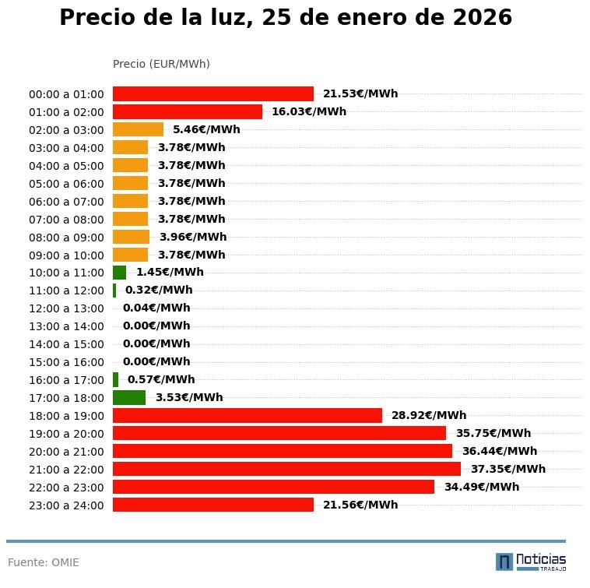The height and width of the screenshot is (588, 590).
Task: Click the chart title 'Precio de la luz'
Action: coord(286,18)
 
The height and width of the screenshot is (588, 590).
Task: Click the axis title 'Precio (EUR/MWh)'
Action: coord(161,64)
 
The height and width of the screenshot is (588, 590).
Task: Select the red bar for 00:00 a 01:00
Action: coord(212,94)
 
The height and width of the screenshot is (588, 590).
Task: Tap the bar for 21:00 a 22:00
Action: coord(286,469)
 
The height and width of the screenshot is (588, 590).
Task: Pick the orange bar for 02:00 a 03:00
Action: coord(138,129)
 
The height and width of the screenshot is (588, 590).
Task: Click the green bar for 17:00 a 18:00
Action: coord(129,398)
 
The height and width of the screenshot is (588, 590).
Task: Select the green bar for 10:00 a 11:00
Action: coord(119,273)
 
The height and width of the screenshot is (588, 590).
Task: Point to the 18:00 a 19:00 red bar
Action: coord(247,416)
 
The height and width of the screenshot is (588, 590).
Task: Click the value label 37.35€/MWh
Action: coord(507,469)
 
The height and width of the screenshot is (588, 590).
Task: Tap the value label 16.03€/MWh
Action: coord(308,111)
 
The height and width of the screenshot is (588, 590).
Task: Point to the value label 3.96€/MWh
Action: coord(192,237)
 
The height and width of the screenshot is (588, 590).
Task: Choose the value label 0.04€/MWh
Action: coord(156,308)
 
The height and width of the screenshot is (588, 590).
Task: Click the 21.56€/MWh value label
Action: coord(360,505)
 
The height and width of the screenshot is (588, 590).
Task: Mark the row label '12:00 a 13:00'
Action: coord(66,308)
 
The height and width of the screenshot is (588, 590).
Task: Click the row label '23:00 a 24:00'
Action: coord(66,505)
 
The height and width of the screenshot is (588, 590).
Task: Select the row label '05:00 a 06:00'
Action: coord(66,184)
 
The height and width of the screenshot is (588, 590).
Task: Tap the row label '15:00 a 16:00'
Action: coord(66,362)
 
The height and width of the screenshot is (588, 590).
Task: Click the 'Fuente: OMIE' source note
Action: coord(44,562)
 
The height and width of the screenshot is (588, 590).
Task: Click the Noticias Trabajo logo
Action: coord(530,562)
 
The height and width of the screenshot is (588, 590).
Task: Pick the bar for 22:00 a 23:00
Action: coord(273,487)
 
